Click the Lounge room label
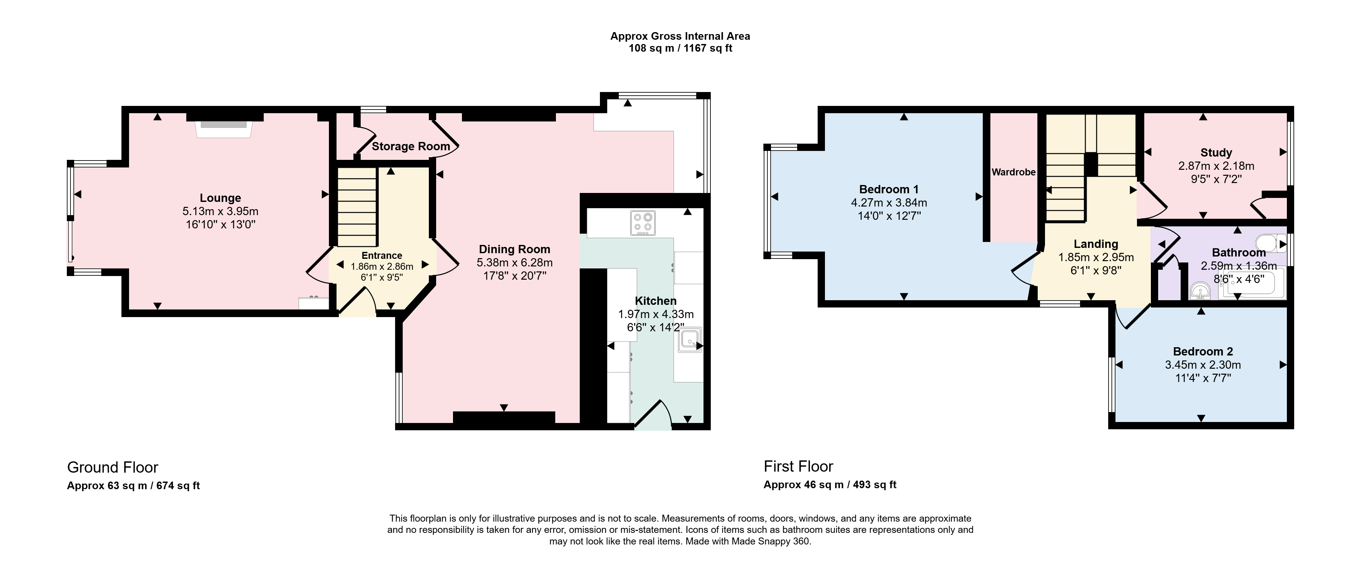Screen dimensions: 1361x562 (x=220, y=198)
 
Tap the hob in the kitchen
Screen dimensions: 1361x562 (x=643, y=222)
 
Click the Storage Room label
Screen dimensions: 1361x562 (x=411, y=146)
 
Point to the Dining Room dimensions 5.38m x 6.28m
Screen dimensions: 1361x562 (x=515, y=262)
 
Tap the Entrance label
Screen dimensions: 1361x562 (x=382, y=256)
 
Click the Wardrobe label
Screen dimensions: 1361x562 (x=1013, y=172)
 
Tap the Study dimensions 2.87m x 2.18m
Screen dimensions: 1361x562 (x=1216, y=165)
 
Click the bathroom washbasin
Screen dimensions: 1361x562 (x=1201, y=290)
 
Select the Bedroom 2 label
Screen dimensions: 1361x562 (x=1203, y=351)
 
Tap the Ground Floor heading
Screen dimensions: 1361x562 (x=113, y=467)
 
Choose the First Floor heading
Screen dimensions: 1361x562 (x=798, y=466)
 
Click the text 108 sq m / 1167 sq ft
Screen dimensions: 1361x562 (x=680, y=49)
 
